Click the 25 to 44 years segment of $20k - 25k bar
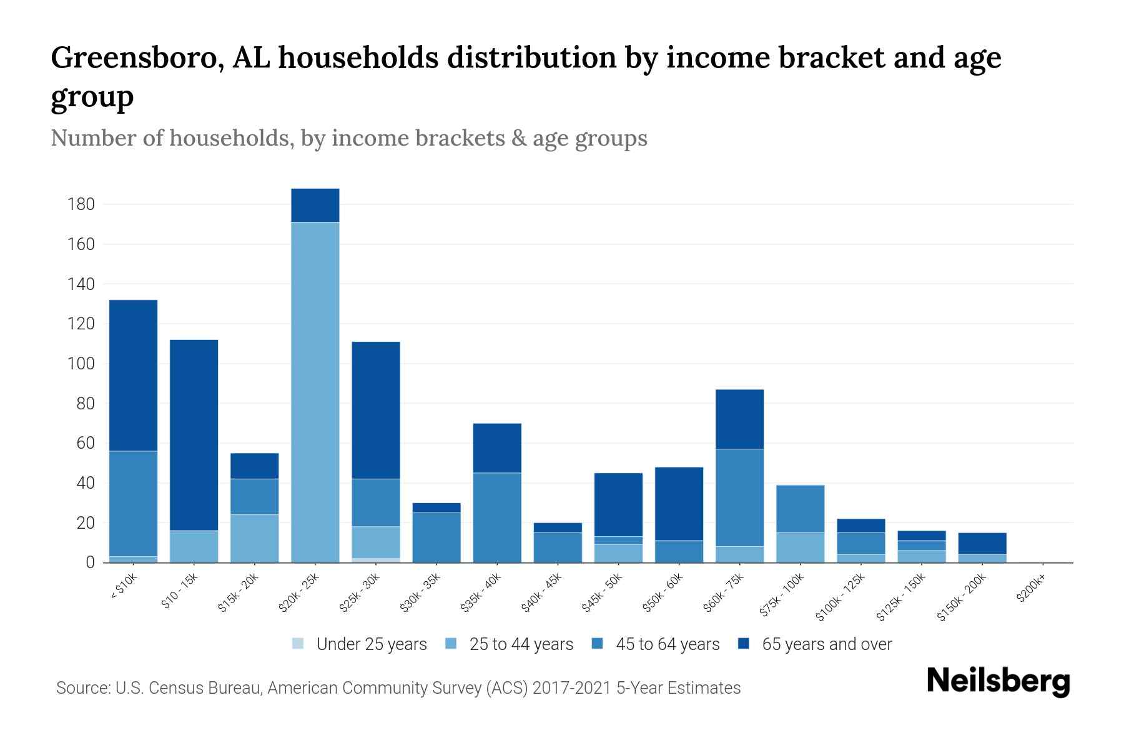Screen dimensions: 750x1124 315,392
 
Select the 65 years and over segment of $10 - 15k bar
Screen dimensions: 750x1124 194,435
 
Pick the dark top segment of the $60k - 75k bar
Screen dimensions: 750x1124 739,419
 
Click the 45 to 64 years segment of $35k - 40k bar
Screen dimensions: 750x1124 497,517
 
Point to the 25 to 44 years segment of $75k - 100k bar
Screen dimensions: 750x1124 800,547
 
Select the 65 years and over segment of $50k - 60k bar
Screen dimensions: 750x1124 679,504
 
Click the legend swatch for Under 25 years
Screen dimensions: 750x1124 298,644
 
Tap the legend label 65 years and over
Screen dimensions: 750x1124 827,644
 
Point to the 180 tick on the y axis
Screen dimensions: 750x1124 81,204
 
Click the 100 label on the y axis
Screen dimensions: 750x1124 81,364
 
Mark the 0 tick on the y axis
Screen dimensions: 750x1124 90,562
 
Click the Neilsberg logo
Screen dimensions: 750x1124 998,681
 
